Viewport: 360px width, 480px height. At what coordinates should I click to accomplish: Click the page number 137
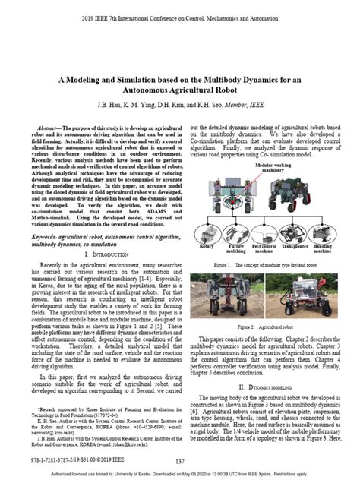180,461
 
